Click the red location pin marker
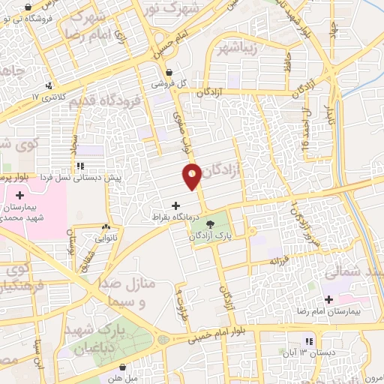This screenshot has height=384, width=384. coord(192,175)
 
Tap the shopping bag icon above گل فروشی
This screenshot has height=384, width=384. coord(170,73)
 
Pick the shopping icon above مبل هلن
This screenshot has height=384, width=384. coord(122,367)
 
